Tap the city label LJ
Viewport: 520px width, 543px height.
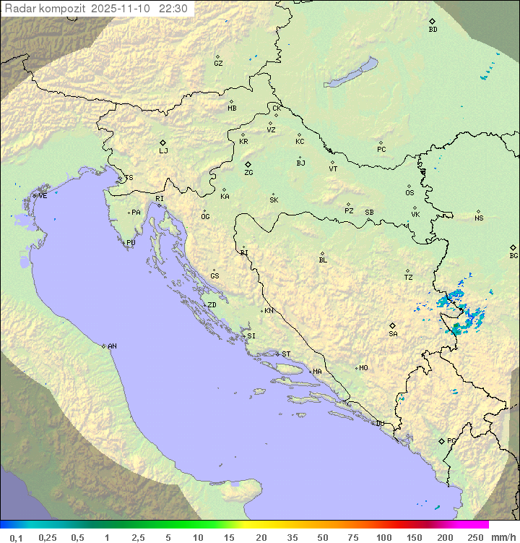pyautogui.click(x=163, y=151)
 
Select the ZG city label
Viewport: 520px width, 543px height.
pyautogui.click(x=248, y=173)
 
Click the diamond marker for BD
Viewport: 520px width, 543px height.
pyautogui.click(x=432, y=21)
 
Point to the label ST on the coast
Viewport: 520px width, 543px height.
pyautogui.click(x=286, y=354)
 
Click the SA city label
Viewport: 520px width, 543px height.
pyautogui.click(x=393, y=334)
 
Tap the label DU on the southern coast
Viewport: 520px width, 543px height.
pyautogui.click(x=379, y=424)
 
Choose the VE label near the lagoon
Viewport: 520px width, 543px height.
pyautogui.click(x=43, y=196)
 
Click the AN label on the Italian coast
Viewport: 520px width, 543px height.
pyautogui.click(x=112, y=346)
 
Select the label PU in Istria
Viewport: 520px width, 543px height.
pyautogui.click(x=131, y=243)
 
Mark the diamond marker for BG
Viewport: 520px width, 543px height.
pyautogui.click(x=513, y=247)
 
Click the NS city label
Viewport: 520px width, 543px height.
pyautogui.click(x=479, y=218)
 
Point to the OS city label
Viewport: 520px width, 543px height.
pyautogui.click(x=409, y=193)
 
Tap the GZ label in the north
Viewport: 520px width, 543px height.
pyautogui.click(x=218, y=64)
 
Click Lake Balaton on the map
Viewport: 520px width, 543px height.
pyautogui.click(x=351, y=73)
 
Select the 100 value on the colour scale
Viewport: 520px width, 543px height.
pyautogui.click(x=383, y=537)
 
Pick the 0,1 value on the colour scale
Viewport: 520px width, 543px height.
pyautogui.click(x=16, y=537)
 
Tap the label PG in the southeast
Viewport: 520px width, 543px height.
pyautogui.click(x=451, y=441)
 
